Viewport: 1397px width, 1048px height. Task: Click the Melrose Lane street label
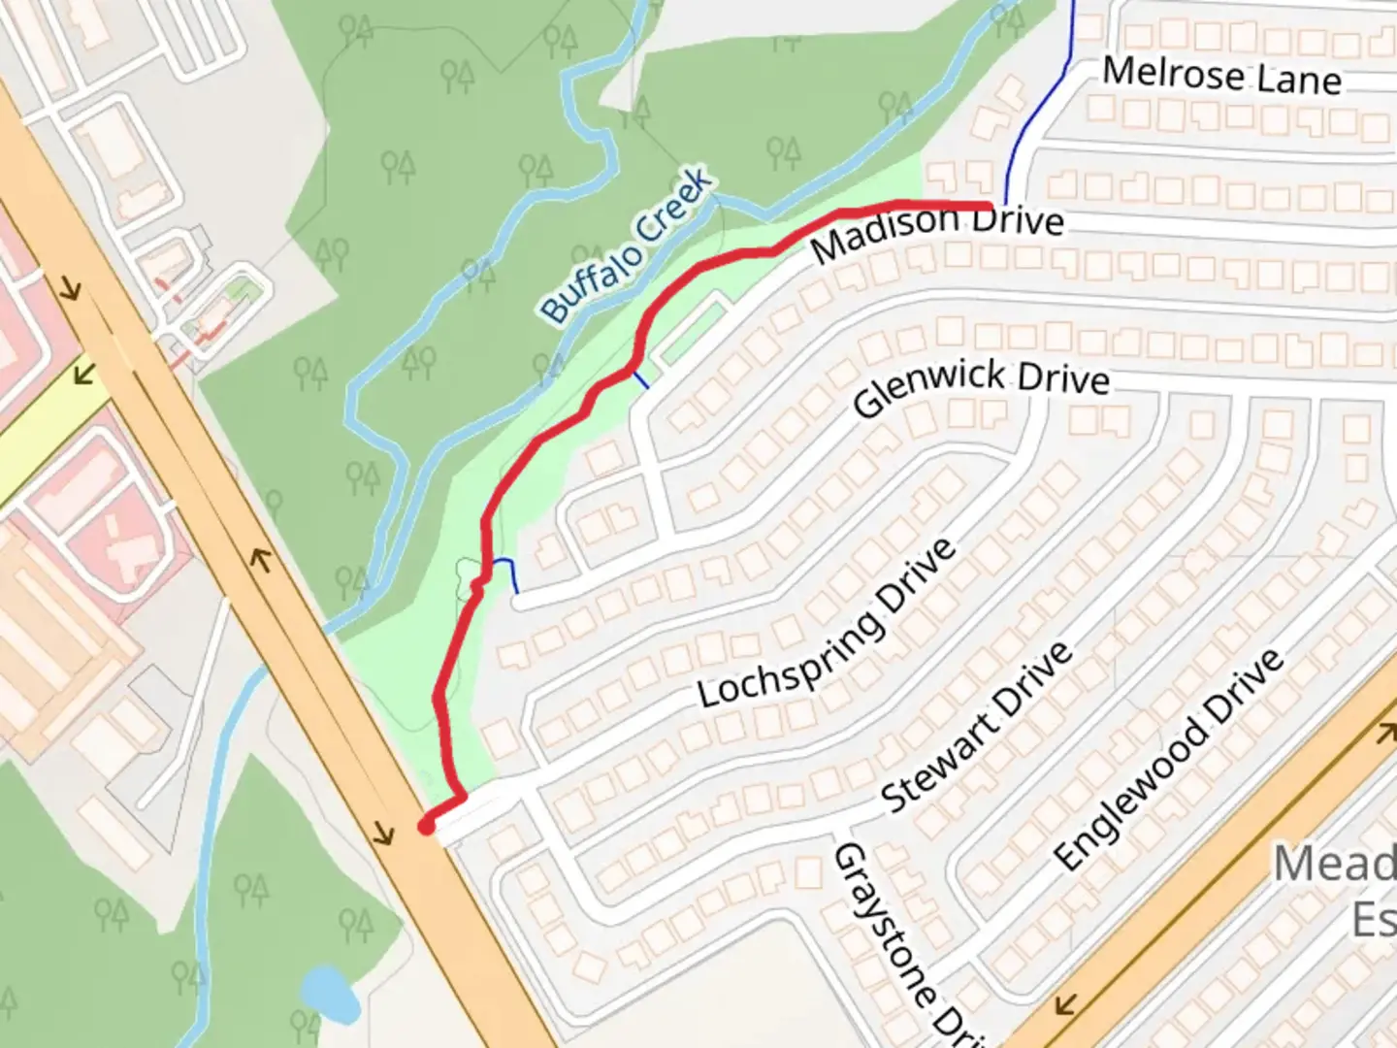click(x=1222, y=76)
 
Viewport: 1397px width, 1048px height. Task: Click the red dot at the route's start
click(x=425, y=827)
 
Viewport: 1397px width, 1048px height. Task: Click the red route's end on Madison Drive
click(x=988, y=206)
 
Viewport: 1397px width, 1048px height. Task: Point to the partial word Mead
click(x=1334, y=863)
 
